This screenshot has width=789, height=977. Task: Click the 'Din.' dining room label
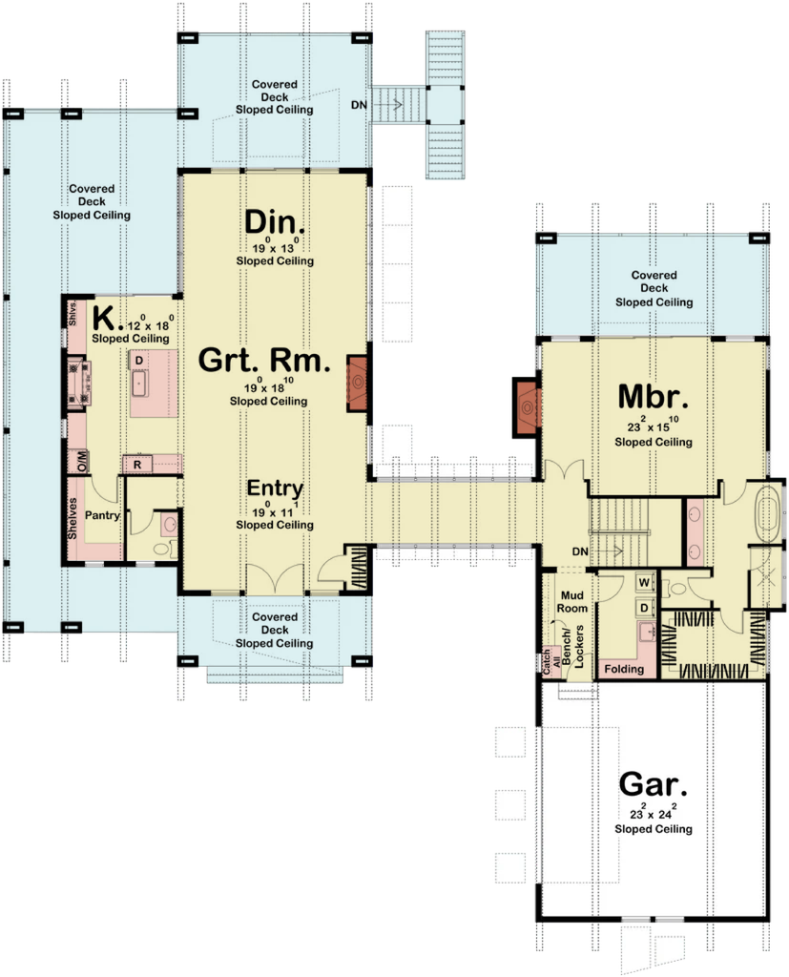(275, 222)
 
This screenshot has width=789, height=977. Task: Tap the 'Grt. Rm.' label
(265, 362)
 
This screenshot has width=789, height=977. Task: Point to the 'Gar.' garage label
(654, 784)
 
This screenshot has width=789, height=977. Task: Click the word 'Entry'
(275, 488)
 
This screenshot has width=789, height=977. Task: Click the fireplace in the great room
(358, 382)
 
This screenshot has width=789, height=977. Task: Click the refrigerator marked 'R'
(136, 465)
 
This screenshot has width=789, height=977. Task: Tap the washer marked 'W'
(643, 581)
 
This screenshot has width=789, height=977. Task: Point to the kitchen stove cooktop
(76, 381)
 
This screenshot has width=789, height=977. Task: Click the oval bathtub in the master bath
(767, 515)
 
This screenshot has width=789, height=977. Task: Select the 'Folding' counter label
(624, 669)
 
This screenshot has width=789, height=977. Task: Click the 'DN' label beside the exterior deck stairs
(358, 102)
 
